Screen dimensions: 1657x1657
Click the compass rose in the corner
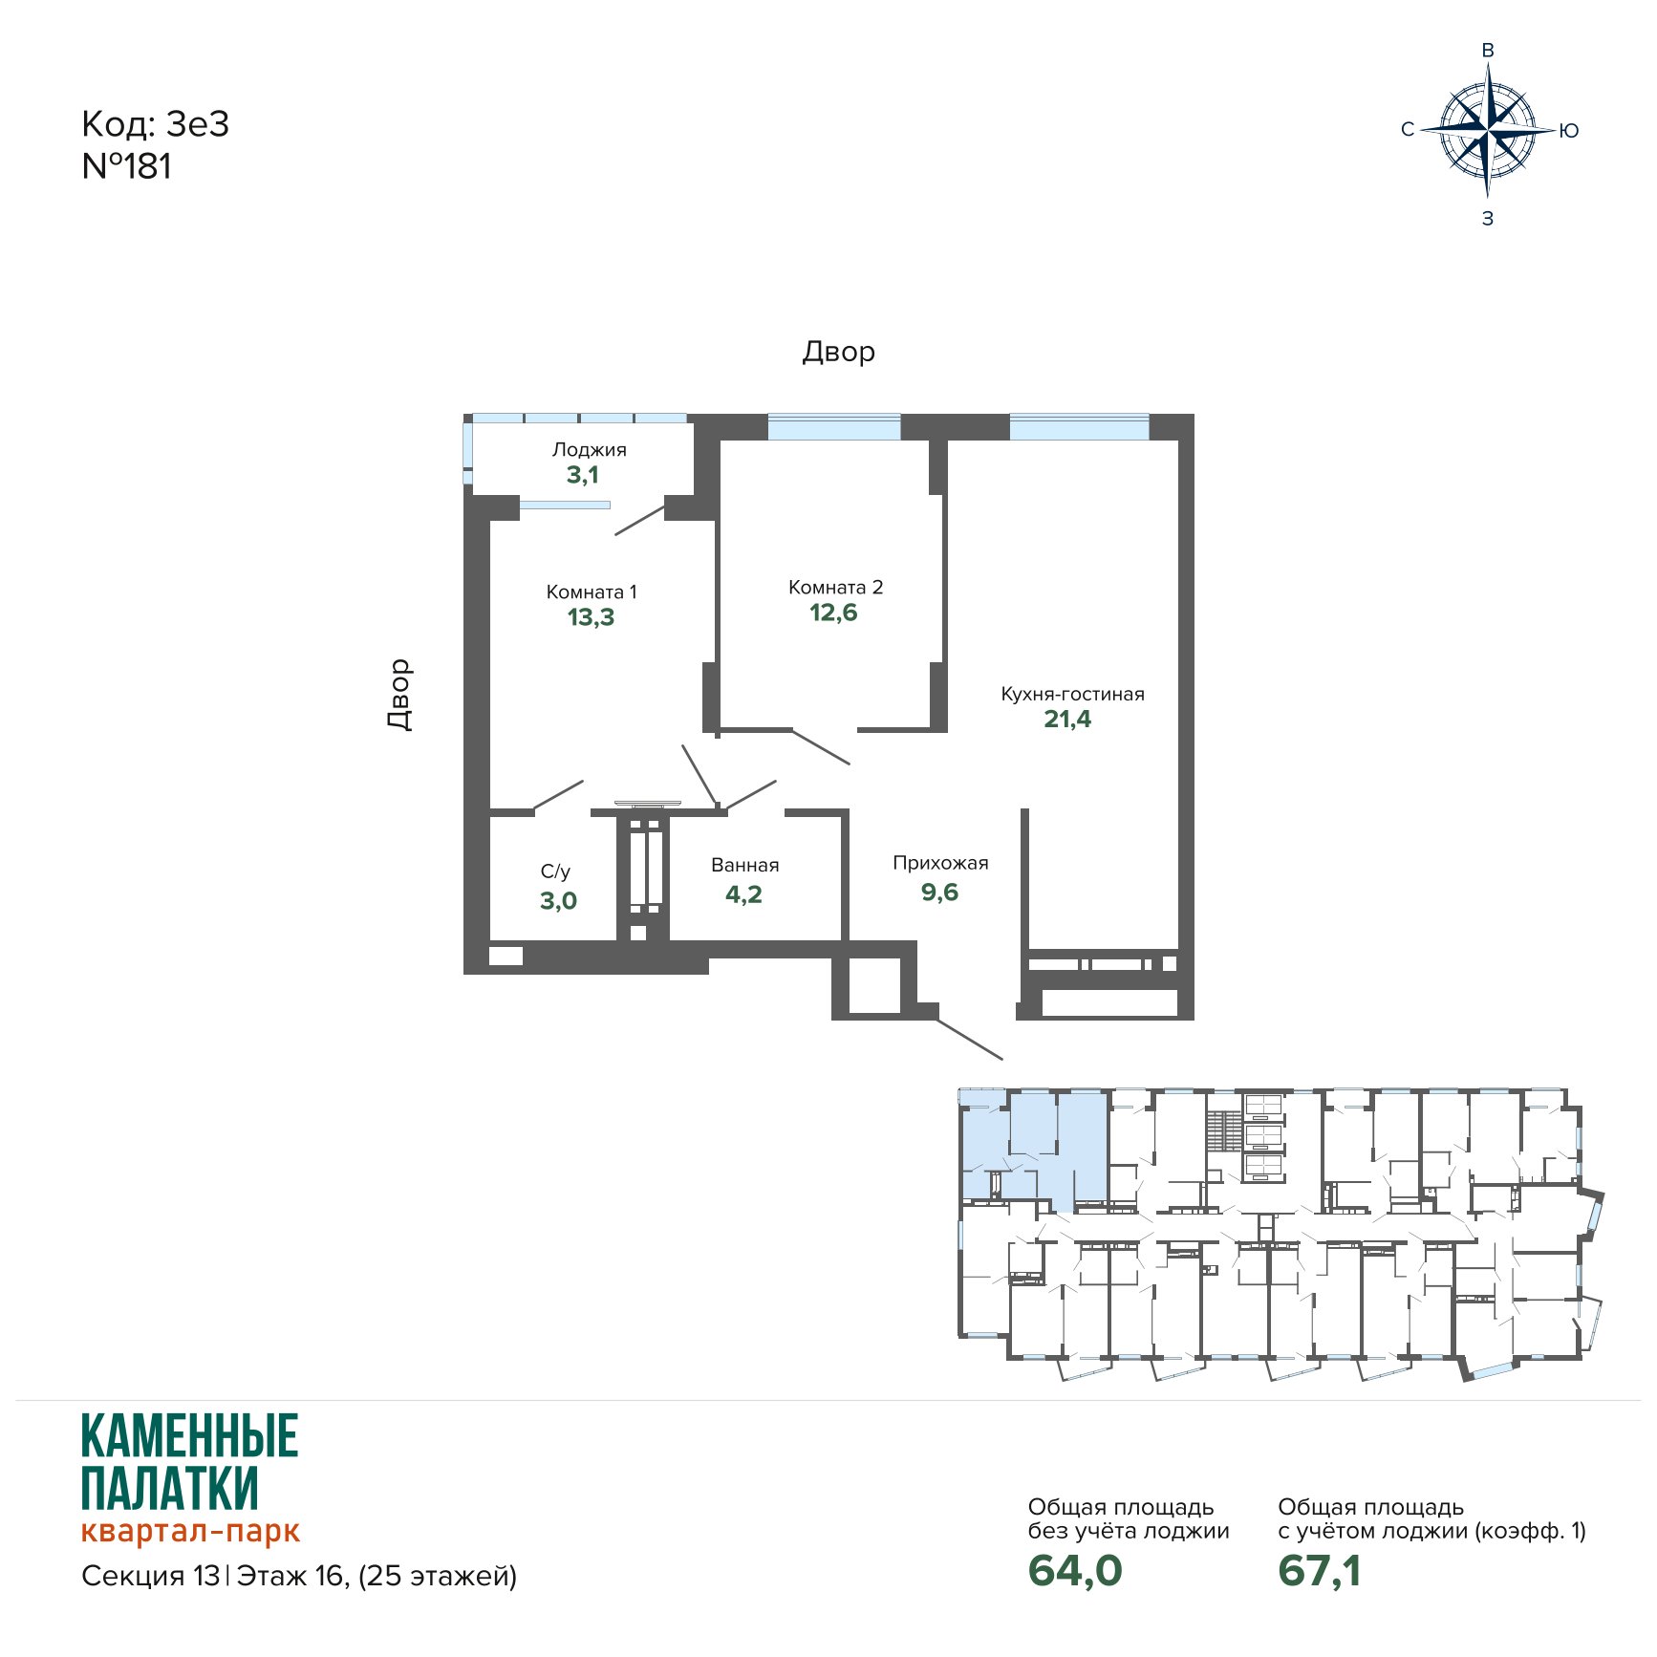click(1488, 131)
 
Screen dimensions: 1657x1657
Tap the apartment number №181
click(127, 166)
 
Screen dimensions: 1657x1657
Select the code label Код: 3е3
click(156, 124)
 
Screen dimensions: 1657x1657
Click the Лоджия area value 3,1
click(583, 475)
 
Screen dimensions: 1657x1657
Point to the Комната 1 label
click(592, 592)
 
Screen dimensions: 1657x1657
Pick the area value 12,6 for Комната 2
click(834, 613)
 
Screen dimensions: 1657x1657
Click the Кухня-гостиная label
click(1072, 694)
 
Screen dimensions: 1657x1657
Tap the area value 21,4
click(1067, 719)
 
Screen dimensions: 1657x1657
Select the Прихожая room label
click(940, 863)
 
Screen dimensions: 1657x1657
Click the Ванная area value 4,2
click(743, 894)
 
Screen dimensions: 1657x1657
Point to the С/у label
click(555, 872)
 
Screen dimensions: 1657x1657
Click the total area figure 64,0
click(1075, 1571)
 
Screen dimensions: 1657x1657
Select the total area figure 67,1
click(1320, 1571)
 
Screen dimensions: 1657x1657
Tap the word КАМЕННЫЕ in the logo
click(190, 1436)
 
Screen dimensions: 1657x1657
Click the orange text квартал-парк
click(191, 1530)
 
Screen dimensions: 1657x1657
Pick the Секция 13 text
click(151, 1576)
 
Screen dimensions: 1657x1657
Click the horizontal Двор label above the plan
click(838, 352)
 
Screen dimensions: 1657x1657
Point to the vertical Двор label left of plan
click(400, 695)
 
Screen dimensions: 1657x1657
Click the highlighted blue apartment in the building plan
click(1033, 1147)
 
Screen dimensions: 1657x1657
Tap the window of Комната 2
click(833, 427)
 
